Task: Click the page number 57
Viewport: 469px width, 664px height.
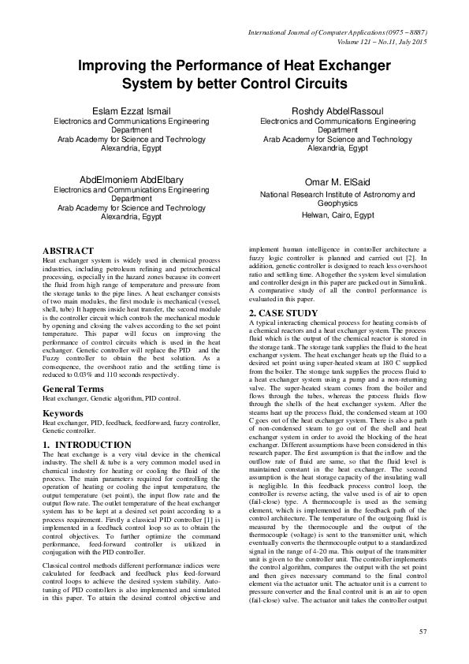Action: pos(422,632)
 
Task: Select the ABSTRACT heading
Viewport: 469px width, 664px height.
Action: pos(68,250)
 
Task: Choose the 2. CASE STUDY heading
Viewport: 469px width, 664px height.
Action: pos(284,313)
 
